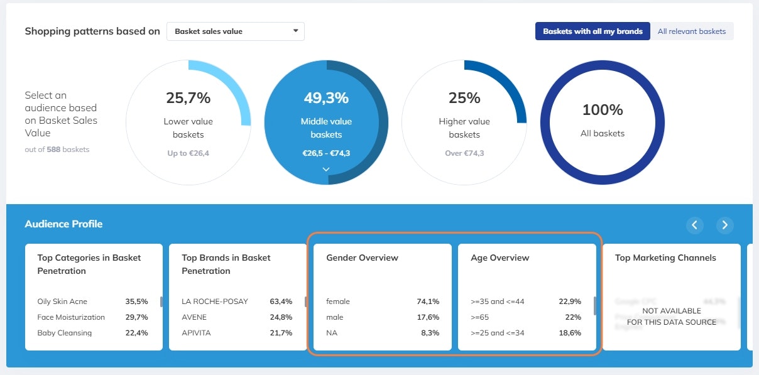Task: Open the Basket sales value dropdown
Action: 235,31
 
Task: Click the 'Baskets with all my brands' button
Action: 592,31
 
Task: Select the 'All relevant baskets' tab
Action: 691,31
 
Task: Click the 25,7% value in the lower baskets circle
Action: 188,98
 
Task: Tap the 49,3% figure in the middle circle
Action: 326,98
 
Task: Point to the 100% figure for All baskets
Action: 602,110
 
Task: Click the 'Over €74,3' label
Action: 464,153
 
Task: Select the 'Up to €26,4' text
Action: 188,153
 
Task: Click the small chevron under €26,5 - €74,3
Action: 326,169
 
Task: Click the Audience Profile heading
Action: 63,224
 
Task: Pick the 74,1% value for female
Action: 428,302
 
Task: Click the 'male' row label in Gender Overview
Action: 335,317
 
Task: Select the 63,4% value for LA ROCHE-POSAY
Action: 281,302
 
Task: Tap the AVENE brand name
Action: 194,317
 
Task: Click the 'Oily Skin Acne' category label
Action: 62,302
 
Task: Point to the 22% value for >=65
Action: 572,317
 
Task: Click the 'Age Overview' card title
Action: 500,258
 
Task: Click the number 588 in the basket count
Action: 53,149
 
